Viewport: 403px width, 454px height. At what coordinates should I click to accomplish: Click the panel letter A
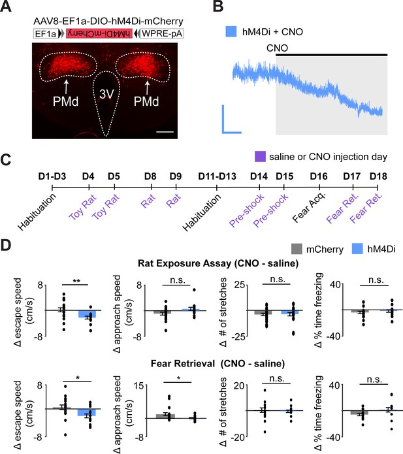(6, 6)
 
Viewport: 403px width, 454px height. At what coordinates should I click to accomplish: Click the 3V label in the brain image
(107, 94)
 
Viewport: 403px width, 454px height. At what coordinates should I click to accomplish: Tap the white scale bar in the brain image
(165, 132)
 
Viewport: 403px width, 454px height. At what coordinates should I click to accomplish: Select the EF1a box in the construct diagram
(46, 33)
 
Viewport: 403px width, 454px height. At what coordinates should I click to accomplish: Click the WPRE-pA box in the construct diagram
(162, 33)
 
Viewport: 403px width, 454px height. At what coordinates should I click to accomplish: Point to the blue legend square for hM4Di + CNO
(231, 31)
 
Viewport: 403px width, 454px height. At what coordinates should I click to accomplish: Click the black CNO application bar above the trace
(332, 54)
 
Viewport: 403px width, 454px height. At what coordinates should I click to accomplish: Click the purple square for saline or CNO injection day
(260, 157)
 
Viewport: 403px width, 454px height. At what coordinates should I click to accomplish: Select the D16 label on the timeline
(319, 176)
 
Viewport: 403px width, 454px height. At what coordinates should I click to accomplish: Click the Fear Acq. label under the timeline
(309, 206)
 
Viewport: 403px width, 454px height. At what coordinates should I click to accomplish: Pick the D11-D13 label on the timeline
(217, 176)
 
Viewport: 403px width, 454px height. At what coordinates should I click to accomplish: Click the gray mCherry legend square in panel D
(297, 249)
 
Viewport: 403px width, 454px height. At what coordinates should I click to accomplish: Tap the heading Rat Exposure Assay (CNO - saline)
(218, 263)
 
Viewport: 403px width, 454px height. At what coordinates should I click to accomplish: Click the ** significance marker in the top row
(76, 281)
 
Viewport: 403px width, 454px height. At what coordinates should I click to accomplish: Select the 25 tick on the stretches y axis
(240, 285)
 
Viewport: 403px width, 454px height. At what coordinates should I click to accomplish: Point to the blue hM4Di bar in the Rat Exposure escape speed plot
(87, 314)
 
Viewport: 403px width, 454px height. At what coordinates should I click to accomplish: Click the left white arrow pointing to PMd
(67, 86)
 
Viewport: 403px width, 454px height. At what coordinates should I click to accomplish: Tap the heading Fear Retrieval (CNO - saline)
(218, 363)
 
